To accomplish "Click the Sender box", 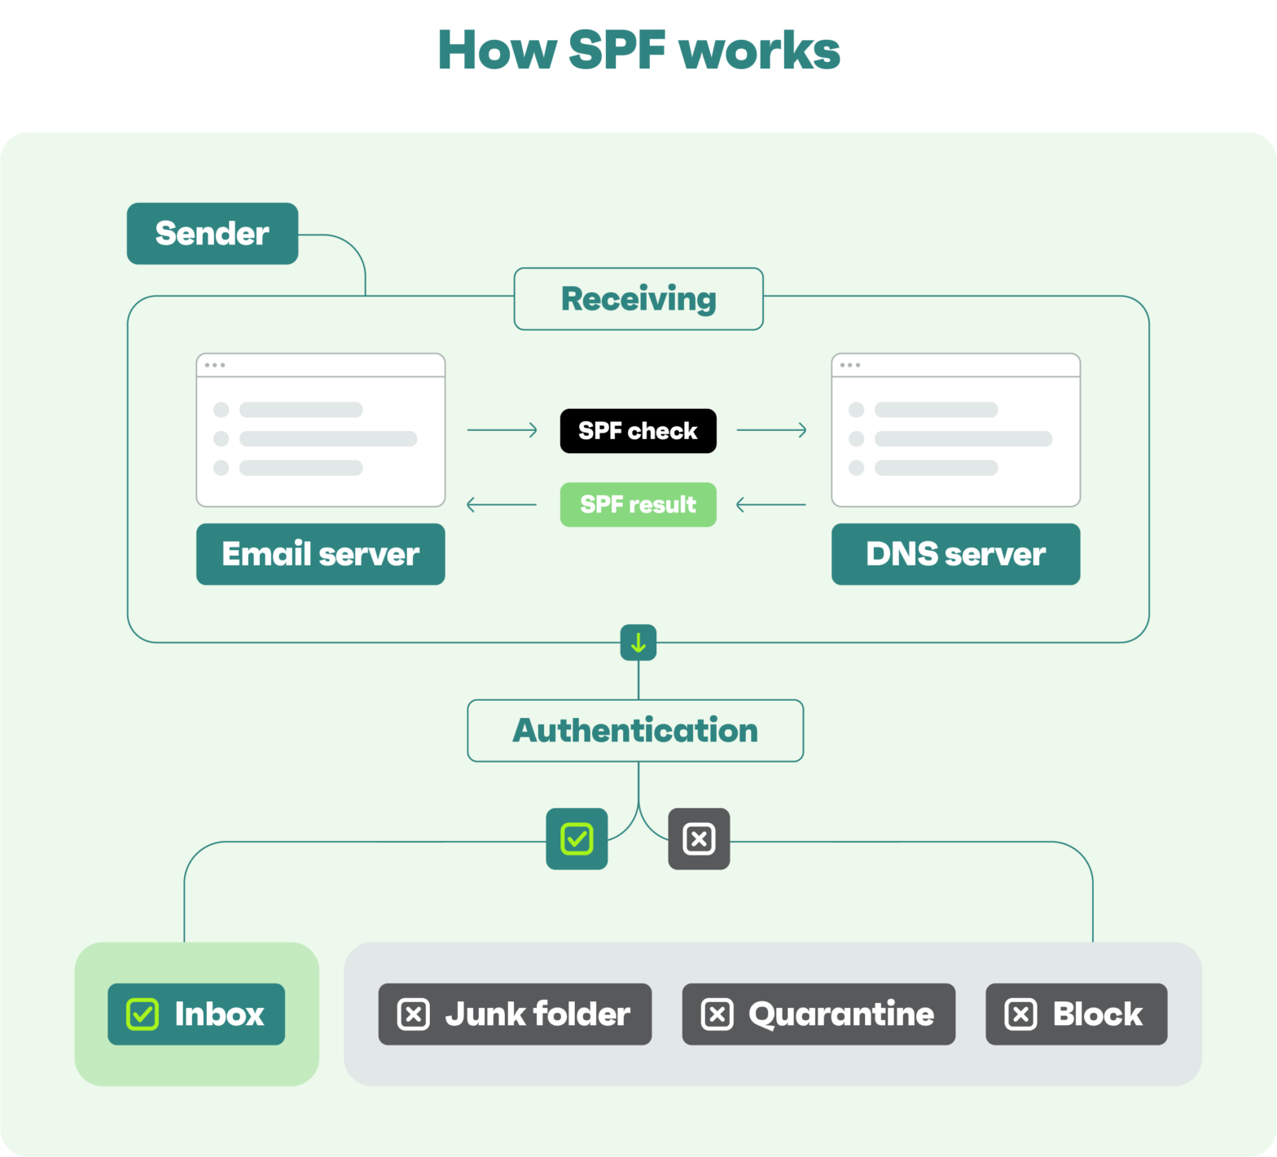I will click(x=213, y=234).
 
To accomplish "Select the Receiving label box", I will click(x=638, y=299).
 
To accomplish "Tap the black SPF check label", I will click(x=638, y=431).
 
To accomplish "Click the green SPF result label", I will click(x=638, y=505).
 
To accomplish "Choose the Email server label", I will click(x=320, y=554).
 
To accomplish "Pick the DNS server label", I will click(x=955, y=554).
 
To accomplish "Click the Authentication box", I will click(x=635, y=731).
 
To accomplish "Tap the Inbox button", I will click(x=196, y=1014).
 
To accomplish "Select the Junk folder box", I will click(x=515, y=1014).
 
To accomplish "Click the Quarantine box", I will click(x=818, y=1014).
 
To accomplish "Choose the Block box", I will click(x=1076, y=1014).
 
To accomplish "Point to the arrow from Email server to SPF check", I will click(x=502, y=430).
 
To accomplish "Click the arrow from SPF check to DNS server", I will click(x=771, y=430).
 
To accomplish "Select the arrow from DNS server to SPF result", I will click(x=770, y=505).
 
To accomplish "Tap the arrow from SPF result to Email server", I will click(x=502, y=505).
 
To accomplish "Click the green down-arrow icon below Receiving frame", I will click(x=638, y=643).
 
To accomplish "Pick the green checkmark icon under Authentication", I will click(x=577, y=838).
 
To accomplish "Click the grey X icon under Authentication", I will click(x=699, y=838).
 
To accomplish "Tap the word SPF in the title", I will click(x=617, y=51).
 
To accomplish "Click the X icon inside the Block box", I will click(x=1020, y=1014).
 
